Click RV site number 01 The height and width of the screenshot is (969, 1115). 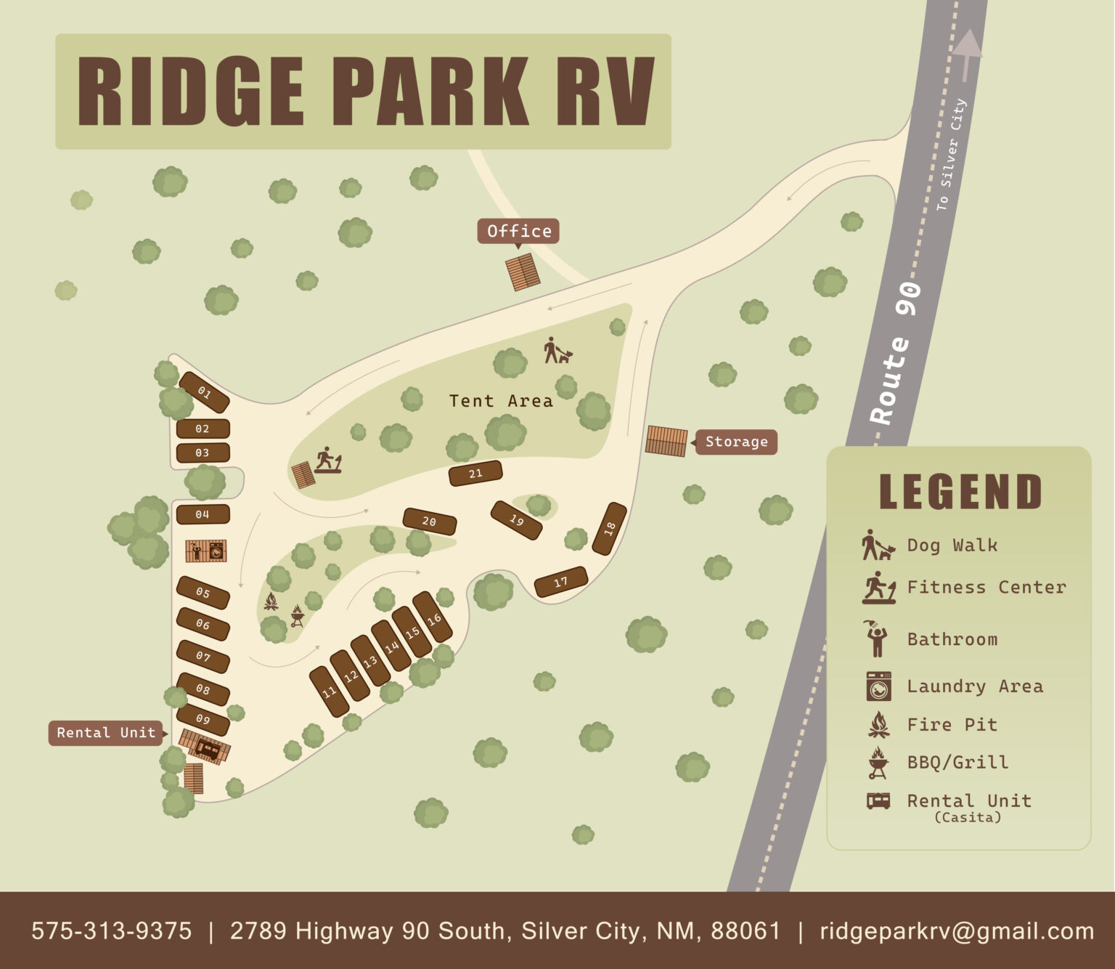click(204, 393)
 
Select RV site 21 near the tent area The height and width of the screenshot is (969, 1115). click(475, 474)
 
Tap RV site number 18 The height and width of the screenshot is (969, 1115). click(609, 528)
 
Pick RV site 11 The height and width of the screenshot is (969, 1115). click(329, 692)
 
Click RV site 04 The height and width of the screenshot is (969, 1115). click(203, 514)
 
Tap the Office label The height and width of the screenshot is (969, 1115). click(518, 231)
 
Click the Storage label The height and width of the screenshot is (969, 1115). click(736, 442)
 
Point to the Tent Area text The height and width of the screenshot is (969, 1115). click(500, 401)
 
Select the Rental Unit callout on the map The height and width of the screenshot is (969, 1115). click(106, 732)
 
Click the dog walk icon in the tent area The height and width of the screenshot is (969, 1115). click(557, 351)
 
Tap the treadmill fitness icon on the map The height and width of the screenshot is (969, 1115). click(328, 460)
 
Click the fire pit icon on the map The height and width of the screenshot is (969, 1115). click(270, 601)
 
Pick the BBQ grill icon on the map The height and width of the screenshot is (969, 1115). click(297, 616)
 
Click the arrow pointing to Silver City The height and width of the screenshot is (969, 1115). click(966, 54)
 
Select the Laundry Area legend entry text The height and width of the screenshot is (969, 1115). click(974, 686)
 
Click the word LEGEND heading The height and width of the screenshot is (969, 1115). click(960, 492)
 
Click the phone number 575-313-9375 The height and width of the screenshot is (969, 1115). click(111, 931)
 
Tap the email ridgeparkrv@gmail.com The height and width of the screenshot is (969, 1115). click(956, 931)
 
